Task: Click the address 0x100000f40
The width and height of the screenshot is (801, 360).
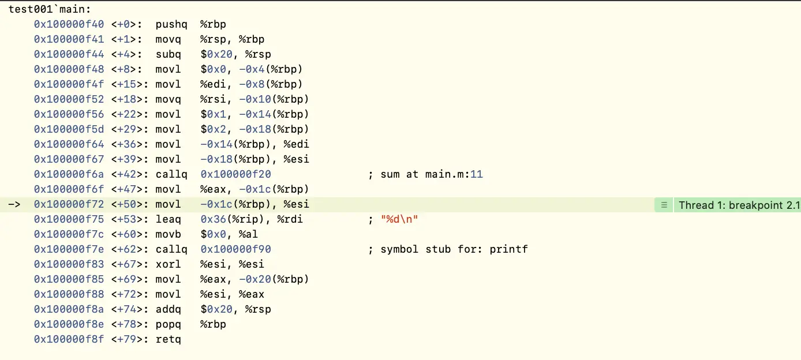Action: pos(69,24)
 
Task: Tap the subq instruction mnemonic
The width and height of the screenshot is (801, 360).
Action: pos(169,54)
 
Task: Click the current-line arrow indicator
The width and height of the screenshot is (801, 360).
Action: pos(14,204)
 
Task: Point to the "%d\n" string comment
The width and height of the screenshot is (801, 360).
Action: pos(399,219)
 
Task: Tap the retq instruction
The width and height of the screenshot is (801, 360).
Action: pos(169,339)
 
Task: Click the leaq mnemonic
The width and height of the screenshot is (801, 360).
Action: pos(169,219)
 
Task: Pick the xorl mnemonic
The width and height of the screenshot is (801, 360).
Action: pos(169,264)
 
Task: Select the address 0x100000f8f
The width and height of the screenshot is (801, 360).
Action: pos(69,339)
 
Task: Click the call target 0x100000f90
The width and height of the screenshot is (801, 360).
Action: pos(236,249)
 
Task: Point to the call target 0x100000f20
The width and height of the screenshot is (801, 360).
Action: pos(236,174)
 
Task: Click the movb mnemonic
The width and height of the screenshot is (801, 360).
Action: pos(169,234)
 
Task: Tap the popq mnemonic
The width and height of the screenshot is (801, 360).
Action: pos(169,324)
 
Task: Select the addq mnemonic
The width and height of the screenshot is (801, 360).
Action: pos(169,309)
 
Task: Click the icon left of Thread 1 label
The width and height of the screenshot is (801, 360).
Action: pos(664,205)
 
